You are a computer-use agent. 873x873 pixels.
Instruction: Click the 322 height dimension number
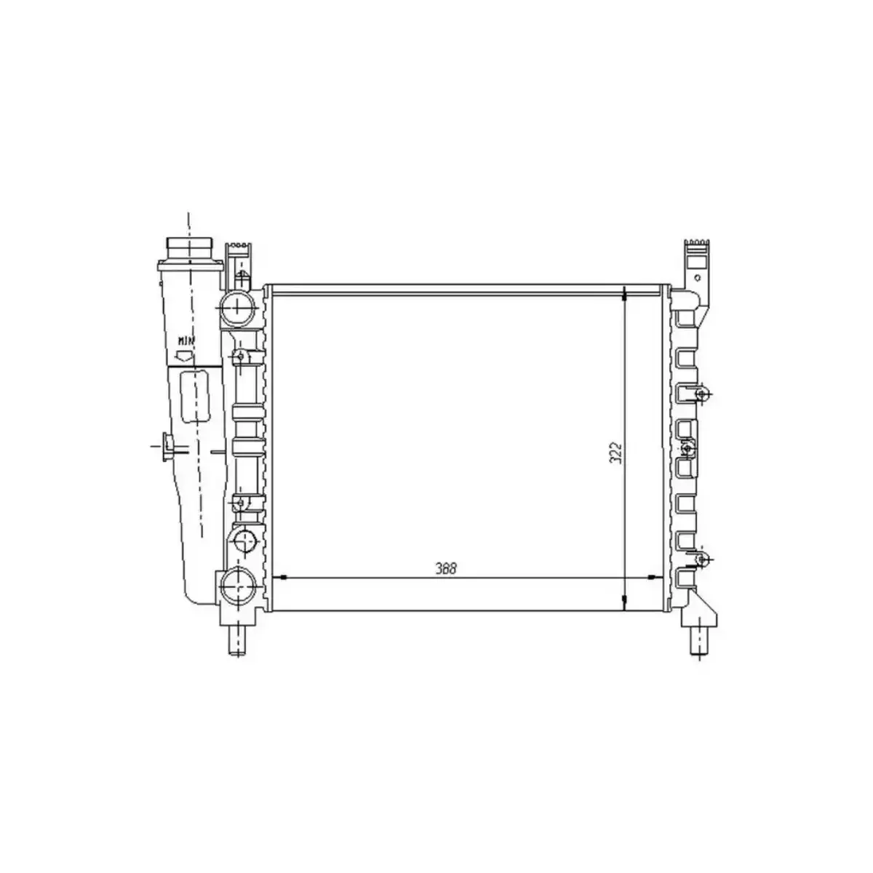pos(615,453)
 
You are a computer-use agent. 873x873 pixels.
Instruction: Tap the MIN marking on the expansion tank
pos(186,340)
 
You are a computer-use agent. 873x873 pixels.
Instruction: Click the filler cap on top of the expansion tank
pos(188,248)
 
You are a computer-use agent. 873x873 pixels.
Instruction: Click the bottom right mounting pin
pos(698,642)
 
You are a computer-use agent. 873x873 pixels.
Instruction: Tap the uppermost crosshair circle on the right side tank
pos(701,394)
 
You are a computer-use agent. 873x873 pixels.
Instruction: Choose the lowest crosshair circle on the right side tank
pos(701,559)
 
